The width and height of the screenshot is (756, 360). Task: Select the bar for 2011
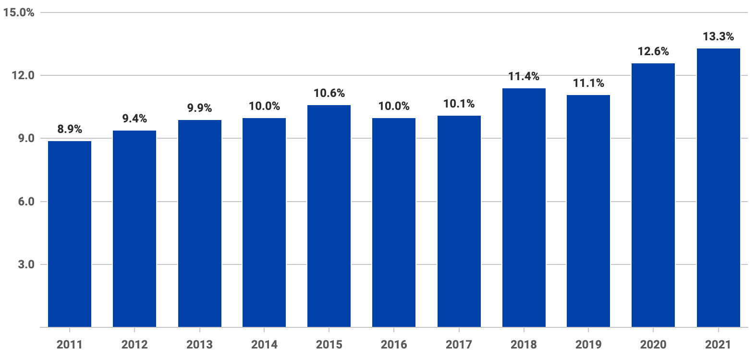70,234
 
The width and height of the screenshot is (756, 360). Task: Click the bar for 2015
329,216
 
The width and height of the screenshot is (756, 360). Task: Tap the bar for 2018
524,207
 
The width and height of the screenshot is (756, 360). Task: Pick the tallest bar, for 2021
718,188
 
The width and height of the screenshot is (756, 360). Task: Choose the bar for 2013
199,223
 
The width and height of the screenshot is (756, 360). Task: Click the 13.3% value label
718,36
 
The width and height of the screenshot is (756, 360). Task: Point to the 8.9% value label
70,129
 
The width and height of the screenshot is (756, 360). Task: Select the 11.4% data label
524,76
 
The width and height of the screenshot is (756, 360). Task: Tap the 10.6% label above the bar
329,93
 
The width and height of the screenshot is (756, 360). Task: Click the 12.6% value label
653,51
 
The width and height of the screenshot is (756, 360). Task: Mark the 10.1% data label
459,104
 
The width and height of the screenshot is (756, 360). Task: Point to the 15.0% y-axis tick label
19,12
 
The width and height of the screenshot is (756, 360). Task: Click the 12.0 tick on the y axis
23,75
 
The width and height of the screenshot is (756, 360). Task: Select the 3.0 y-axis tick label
26,264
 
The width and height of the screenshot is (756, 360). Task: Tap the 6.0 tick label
26,202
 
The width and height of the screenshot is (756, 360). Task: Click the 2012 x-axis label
134,344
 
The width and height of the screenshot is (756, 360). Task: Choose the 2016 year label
394,344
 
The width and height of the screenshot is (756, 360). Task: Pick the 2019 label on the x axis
588,344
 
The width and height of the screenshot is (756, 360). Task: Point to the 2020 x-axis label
653,344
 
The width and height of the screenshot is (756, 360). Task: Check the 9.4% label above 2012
134,119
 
